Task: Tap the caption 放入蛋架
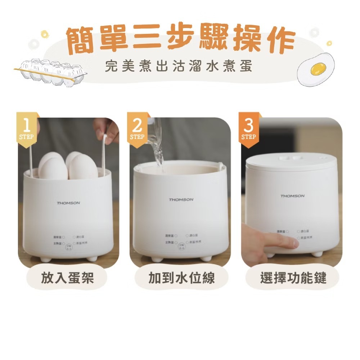(67, 278)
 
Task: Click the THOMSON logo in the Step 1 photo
(68, 203)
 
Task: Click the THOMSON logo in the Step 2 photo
(181, 199)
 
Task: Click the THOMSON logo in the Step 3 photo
(293, 196)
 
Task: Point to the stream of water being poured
(158, 151)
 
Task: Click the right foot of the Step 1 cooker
(93, 259)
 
